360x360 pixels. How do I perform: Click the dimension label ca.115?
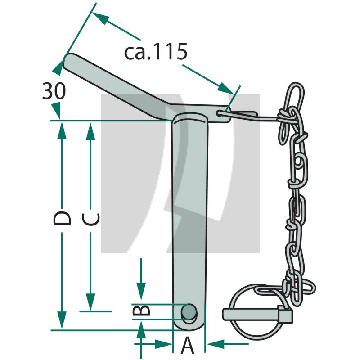(x=155, y=52)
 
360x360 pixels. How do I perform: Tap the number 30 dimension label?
(x=54, y=91)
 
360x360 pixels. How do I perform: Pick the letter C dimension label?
(x=91, y=219)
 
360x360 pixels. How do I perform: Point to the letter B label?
(x=140, y=310)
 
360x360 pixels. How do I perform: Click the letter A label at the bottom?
(x=188, y=346)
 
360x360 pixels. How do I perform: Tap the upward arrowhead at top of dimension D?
(x=62, y=128)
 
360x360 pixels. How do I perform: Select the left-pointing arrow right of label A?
(x=216, y=344)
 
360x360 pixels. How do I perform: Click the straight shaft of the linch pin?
(x=252, y=313)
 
